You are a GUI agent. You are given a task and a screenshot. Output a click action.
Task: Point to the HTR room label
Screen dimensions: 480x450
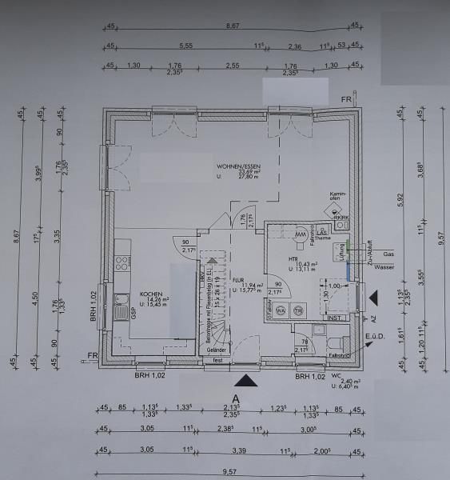pos(293,260)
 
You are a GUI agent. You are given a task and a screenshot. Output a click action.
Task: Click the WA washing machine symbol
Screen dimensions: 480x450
pos(281,311)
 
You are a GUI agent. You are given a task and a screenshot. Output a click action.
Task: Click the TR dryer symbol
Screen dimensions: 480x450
pos(297,311)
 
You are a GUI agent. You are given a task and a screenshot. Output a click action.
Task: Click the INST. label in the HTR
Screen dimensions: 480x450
pos(334,316)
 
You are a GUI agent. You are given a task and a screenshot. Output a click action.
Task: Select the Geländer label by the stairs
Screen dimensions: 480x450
pos(217,350)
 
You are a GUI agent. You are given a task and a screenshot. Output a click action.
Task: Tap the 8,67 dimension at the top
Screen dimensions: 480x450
pos(233,27)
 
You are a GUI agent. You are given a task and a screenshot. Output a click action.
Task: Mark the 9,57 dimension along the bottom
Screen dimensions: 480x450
pos(233,473)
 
